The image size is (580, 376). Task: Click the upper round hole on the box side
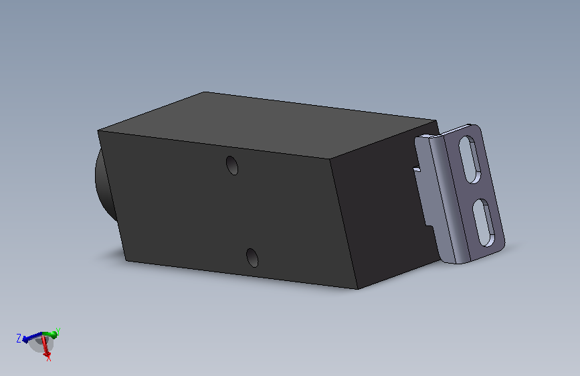(x=232, y=165)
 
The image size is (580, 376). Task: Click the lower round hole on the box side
(x=252, y=258)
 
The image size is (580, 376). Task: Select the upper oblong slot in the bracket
(x=470, y=159)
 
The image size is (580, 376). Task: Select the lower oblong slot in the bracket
(x=484, y=223)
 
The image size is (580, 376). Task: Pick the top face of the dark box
(x=267, y=124)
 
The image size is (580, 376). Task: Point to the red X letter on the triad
(x=48, y=357)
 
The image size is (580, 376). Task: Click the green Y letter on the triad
(x=58, y=332)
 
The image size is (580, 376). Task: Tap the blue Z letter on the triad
(x=19, y=339)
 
